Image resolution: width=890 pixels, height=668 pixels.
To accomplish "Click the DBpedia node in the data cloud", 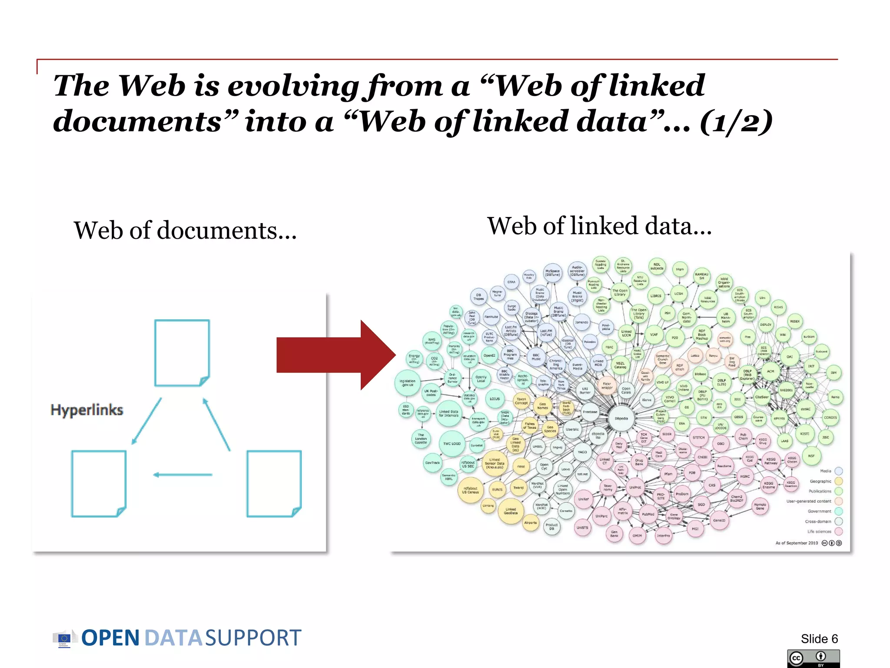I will point(621,418).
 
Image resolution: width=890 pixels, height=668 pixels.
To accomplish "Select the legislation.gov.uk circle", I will point(408,383).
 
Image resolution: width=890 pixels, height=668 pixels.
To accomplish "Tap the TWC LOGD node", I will point(452,444).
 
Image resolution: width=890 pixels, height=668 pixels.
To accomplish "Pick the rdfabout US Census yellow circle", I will point(470,490).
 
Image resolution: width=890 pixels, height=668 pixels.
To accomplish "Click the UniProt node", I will point(635,488).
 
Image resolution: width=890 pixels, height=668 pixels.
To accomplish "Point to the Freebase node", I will point(590,412).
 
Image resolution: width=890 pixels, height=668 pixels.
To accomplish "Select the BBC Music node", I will point(536,357).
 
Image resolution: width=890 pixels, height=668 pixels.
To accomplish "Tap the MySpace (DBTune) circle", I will point(552,273).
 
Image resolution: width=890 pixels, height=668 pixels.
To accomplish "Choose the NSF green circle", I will point(811,456).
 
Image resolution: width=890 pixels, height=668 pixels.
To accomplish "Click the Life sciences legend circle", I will point(839,531).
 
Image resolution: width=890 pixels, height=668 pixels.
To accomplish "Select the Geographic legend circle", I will point(839,481).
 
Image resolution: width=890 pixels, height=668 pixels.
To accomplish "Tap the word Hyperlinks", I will point(87,410).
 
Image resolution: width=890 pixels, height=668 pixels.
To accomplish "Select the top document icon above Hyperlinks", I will point(182,353).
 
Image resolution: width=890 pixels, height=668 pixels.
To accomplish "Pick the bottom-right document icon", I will point(274,484).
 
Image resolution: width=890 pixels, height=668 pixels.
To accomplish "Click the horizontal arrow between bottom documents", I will point(183,474).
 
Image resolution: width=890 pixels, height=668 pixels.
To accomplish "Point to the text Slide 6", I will point(819,638).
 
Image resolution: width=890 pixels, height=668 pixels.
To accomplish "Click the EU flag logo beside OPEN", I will point(64,638).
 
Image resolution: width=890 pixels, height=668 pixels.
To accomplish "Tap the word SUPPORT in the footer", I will point(253,638).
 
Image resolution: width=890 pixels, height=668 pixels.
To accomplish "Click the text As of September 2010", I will point(797,543).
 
